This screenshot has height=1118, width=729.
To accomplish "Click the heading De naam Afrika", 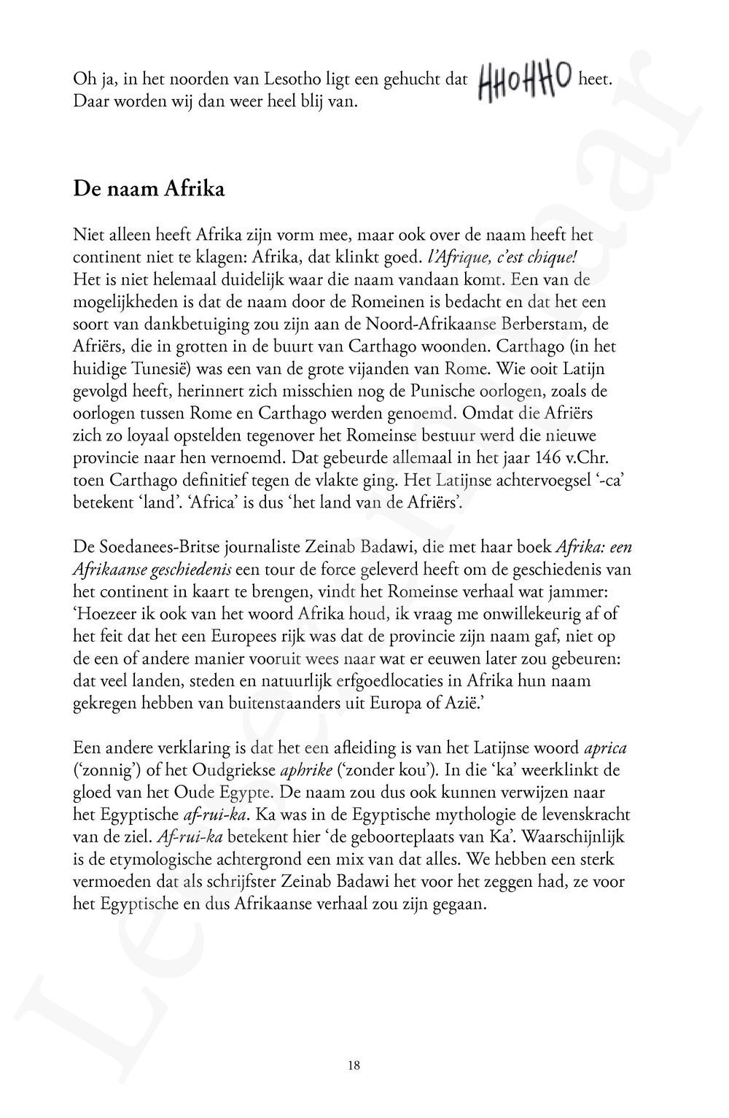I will pyautogui.click(x=149, y=190).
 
